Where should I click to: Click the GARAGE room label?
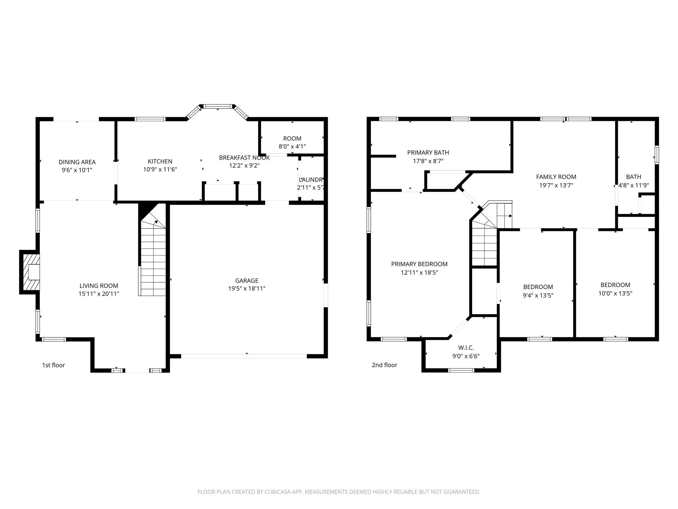click(x=247, y=280)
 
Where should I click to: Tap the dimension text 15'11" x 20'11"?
click(x=99, y=294)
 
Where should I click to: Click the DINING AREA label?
click(x=77, y=162)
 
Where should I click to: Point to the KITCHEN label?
click(x=160, y=161)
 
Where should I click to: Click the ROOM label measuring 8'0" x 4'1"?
click(x=292, y=139)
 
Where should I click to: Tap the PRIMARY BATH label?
click(x=428, y=152)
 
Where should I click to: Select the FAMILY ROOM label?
click(x=556, y=177)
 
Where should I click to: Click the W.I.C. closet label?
click(x=466, y=348)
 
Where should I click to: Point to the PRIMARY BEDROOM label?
click(x=419, y=264)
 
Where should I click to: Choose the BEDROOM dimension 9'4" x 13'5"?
click(x=538, y=296)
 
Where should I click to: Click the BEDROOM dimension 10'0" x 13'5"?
click(x=615, y=293)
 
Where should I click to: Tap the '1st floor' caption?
click(x=53, y=365)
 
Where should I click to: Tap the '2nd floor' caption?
click(x=384, y=365)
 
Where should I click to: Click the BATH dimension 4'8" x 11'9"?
click(x=634, y=186)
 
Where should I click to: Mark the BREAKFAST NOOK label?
click(x=244, y=158)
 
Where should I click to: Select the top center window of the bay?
click(x=217, y=106)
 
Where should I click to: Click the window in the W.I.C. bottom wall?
click(x=461, y=370)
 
